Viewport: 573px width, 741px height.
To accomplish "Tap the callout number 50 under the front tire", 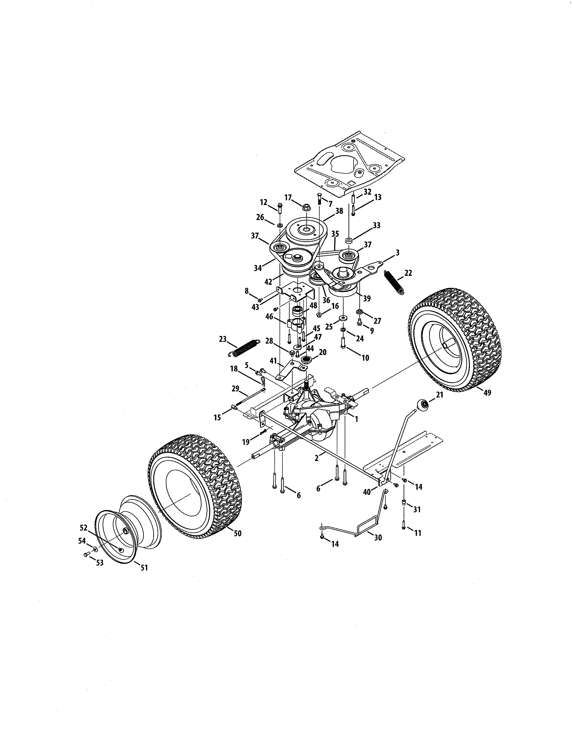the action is tap(238, 533).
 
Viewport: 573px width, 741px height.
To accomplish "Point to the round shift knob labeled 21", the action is tap(423, 405).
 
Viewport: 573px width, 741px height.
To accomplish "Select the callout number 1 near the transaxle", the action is tap(356, 419).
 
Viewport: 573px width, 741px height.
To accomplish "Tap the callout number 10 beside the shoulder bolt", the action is tap(365, 358).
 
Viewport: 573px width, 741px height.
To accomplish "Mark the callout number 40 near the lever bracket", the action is tap(367, 492).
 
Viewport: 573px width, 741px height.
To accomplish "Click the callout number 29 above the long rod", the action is tap(235, 388).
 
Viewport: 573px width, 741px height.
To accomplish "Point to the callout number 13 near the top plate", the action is tap(378, 197).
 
